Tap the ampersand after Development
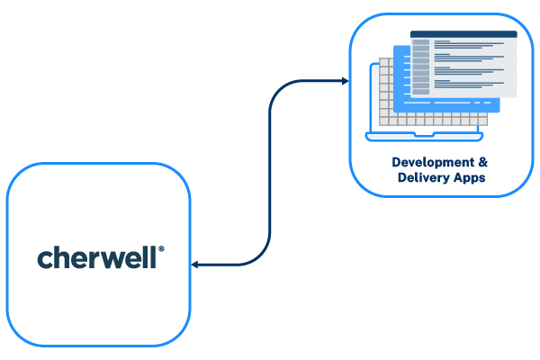tap(482, 162)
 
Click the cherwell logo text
tap(99, 258)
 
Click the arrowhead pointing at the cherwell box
tap(194, 265)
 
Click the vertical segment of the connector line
tap(270, 171)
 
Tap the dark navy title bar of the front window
tap(463, 34)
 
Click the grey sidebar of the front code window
tap(420, 67)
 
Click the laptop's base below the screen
tap(423, 136)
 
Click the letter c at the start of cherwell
tap(43, 259)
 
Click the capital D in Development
tap(396, 162)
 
